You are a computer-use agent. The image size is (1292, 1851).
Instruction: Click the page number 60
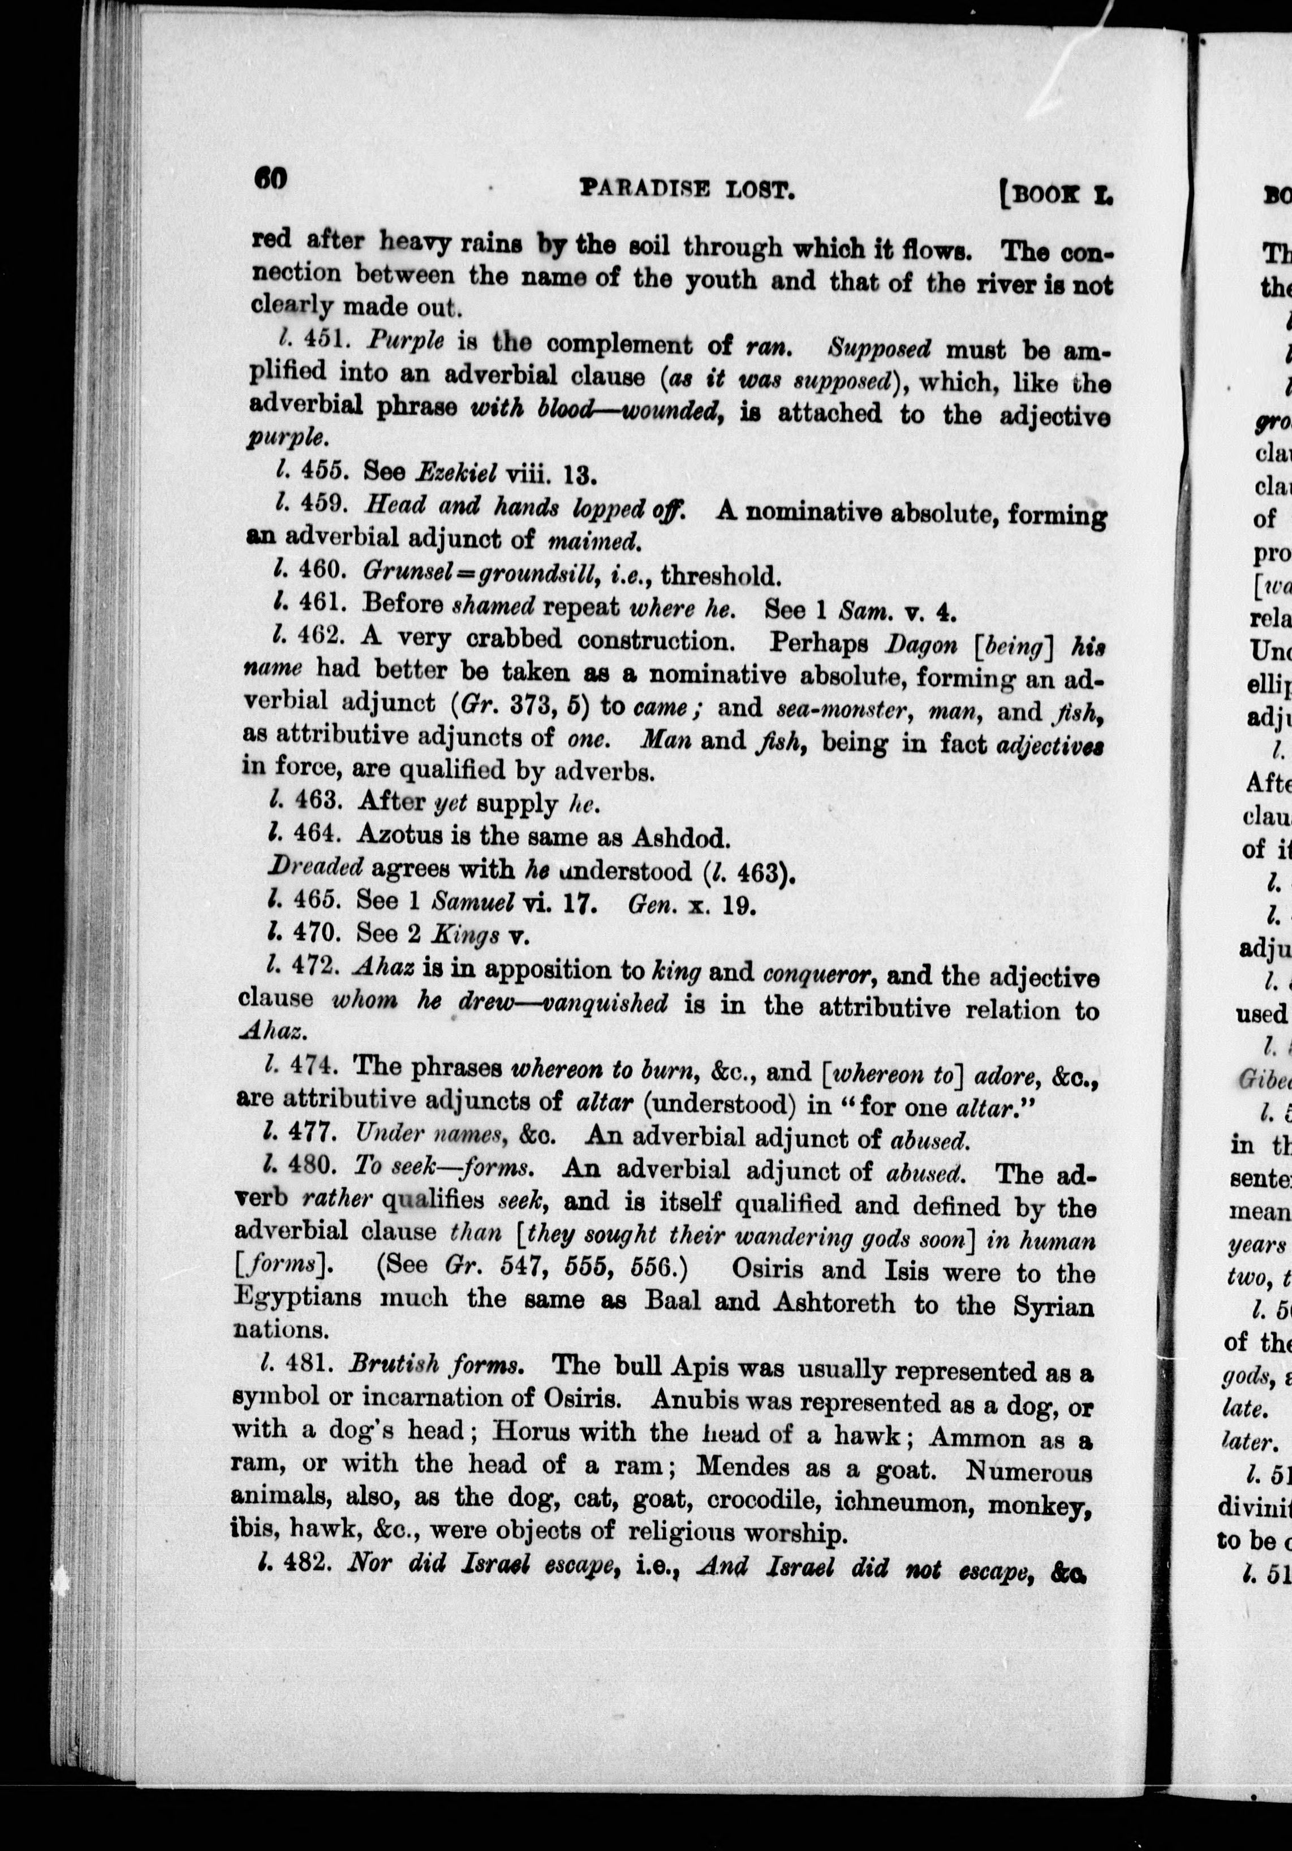click(271, 178)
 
